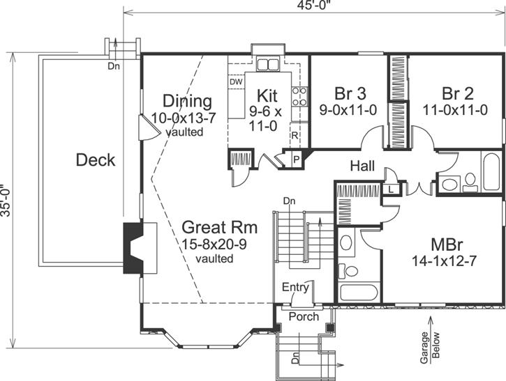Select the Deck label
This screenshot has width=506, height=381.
[96, 160]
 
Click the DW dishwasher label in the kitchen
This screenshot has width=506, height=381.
[236, 81]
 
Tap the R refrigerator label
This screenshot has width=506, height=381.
[295, 135]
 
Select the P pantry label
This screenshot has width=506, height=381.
[296, 159]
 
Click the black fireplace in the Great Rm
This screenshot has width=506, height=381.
[132, 248]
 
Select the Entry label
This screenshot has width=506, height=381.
[295, 287]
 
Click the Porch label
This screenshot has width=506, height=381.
[303, 317]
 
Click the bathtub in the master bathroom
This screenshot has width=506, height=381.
[357, 293]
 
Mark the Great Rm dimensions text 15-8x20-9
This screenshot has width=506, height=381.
[219, 244]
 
